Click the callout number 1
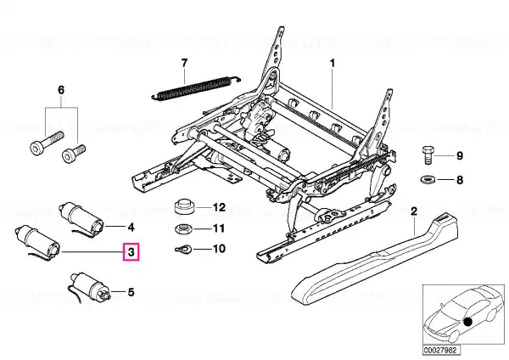(x=333, y=64)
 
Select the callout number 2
(x=413, y=211)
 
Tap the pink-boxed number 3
(x=131, y=252)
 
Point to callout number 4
(x=131, y=227)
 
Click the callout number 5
(x=131, y=293)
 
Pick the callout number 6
(x=60, y=89)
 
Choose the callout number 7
(x=182, y=63)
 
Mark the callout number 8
(x=460, y=180)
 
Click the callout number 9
(x=460, y=155)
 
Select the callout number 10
(x=218, y=249)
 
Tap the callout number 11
(x=218, y=228)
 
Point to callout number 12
(x=218, y=207)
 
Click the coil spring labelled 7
(x=194, y=87)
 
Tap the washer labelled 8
(x=429, y=180)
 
